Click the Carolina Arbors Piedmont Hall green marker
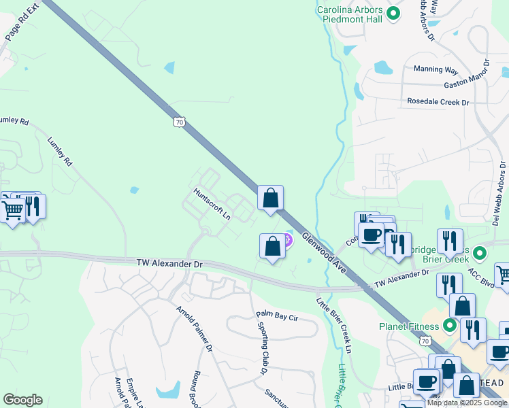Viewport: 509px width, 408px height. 393,13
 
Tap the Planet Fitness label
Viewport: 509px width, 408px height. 408,326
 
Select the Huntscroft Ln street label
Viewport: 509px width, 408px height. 212,204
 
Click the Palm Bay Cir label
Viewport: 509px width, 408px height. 277,316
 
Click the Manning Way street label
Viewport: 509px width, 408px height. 436,69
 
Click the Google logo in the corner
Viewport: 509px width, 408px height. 22,400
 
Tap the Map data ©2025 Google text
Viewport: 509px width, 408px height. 467,403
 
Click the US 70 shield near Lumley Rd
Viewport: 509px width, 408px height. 179,122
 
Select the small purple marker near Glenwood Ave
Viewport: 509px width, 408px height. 287,239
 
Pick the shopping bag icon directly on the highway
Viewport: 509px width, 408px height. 270,199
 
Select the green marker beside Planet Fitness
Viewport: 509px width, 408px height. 449,326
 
